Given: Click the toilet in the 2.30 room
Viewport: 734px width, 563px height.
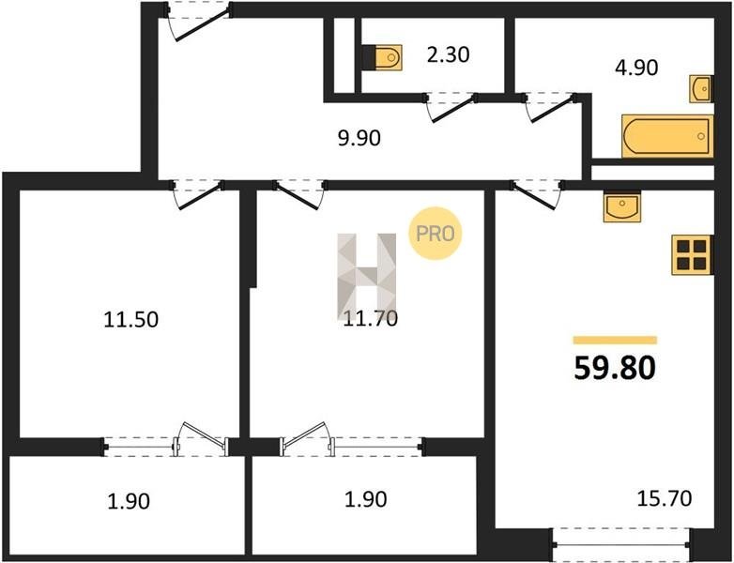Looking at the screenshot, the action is pyautogui.click(x=382, y=57).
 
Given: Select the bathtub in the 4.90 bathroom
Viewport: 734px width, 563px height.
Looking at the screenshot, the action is pyautogui.click(x=667, y=136).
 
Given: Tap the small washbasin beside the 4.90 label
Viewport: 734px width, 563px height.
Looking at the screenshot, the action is pyautogui.click(x=701, y=88).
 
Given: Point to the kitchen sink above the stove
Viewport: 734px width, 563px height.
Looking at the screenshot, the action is pyautogui.click(x=621, y=205).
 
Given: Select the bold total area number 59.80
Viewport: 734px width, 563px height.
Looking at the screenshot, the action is pyautogui.click(x=615, y=368).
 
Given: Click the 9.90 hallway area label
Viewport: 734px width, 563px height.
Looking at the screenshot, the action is pyautogui.click(x=359, y=139).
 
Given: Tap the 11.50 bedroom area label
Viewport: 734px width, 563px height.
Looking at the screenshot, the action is pyautogui.click(x=130, y=320).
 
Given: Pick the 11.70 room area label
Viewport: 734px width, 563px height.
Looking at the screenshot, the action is pyautogui.click(x=370, y=319).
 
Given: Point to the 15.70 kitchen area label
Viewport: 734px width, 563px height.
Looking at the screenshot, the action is pyautogui.click(x=665, y=498).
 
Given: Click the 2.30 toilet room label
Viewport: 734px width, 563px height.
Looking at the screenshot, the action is pyautogui.click(x=448, y=54).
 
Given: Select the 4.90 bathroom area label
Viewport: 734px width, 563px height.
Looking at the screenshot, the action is pyautogui.click(x=636, y=68).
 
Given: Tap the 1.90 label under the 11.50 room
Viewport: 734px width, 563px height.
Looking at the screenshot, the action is pyautogui.click(x=129, y=501).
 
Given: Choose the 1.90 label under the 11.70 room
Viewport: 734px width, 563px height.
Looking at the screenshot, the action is pyautogui.click(x=366, y=499).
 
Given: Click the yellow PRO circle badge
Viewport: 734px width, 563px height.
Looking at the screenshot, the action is pyautogui.click(x=436, y=234).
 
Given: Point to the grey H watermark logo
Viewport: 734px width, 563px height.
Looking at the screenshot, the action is pyautogui.click(x=367, y=276).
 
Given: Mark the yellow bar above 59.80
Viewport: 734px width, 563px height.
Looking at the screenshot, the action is pyautogui.click(x=615, y=341).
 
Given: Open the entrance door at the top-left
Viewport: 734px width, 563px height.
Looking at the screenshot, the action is pyautogui.click(x=198, y=20).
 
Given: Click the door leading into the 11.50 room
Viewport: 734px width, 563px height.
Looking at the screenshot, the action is pyautogui.click(x=196, y=194).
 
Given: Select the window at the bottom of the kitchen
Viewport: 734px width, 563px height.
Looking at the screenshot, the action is pyautogui.click(x=621, y=544).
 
